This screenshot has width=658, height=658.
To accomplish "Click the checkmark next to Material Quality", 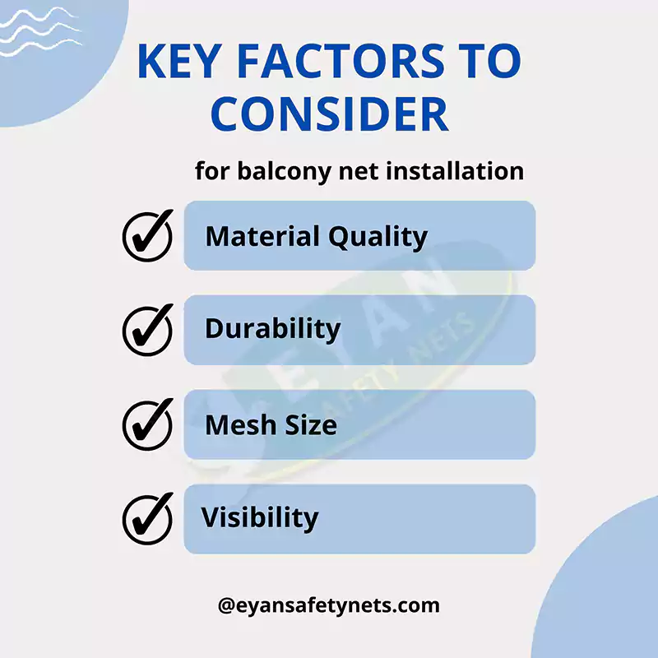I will pos(148,234).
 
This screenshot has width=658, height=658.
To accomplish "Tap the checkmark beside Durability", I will pos(148,328).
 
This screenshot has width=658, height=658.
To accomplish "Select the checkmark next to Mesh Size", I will pos(148,424).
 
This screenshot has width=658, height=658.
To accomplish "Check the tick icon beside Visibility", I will pos(148,517).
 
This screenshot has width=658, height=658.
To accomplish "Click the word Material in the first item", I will pos(262,236).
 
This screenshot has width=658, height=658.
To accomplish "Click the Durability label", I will pos(272,329).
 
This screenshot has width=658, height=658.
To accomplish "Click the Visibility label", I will pos(260,518).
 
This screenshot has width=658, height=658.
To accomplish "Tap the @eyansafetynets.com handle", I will pos(329,606).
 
